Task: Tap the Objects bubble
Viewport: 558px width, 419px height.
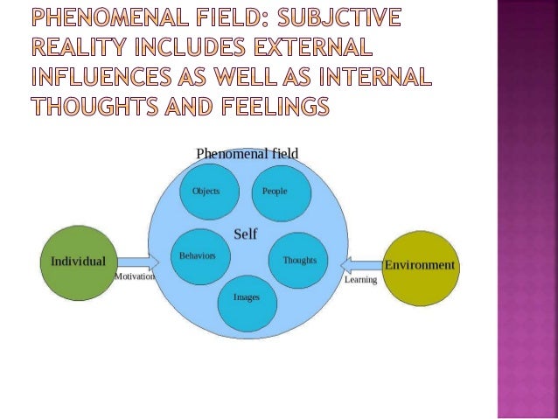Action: (206, 192)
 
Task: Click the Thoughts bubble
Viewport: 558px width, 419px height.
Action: (297, 260)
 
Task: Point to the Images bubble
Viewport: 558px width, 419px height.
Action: (246, 297)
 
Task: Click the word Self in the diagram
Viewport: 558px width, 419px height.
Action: (245, 234)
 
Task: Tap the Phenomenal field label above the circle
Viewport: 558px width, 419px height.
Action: (247, 153)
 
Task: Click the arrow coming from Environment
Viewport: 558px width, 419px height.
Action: (360, 264)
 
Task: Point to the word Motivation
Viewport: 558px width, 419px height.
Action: (135, 276)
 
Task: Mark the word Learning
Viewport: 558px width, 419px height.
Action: (360, 280)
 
